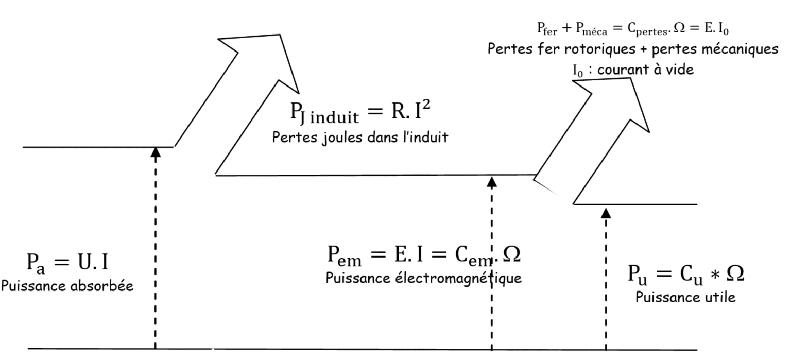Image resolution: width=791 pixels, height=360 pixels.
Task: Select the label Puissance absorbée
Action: point(68,286)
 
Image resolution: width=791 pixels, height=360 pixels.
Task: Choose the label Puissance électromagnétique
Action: point(424,278)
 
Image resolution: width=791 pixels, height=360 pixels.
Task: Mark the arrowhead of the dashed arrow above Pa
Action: point(155,151)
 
